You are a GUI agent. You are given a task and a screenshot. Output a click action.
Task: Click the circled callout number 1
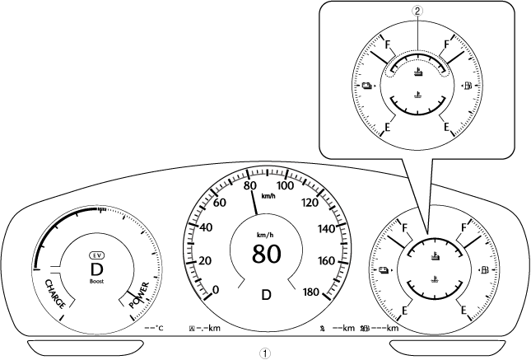coord(265,353)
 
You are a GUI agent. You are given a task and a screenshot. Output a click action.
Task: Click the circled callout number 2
coord(417,12)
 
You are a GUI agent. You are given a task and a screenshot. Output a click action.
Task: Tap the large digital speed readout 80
coord(266,254)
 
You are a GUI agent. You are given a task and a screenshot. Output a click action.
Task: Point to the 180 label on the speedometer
coord(310,292)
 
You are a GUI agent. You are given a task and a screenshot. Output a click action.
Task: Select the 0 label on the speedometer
coord(216,290)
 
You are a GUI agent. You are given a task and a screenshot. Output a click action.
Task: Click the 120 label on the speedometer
coord(310,203)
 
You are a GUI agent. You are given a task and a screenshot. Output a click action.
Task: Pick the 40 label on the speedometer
coord(206,227)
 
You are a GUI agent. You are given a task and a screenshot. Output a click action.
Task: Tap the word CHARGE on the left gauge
coord(55,294)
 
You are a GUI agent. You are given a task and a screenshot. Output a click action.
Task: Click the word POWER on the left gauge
coord(139,295)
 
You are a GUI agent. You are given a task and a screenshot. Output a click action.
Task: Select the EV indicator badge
coord(97,255)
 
